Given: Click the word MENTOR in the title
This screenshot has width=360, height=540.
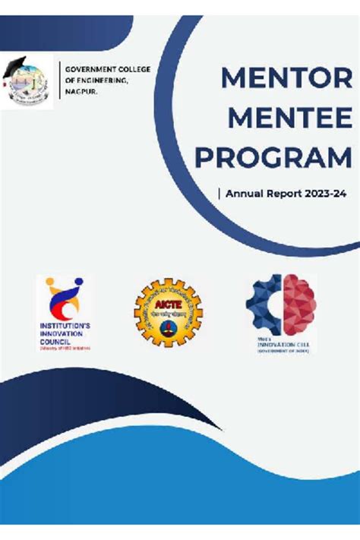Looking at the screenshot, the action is tap(286, 79).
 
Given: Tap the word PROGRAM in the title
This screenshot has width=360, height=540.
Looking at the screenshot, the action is tap(273, 158).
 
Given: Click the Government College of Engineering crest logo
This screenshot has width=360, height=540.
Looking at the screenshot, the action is tap(27, 82).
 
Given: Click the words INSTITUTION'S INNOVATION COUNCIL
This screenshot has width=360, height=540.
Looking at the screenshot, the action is tap(65, 334).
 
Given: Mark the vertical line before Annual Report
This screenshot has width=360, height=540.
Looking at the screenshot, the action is tap(219, 194).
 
